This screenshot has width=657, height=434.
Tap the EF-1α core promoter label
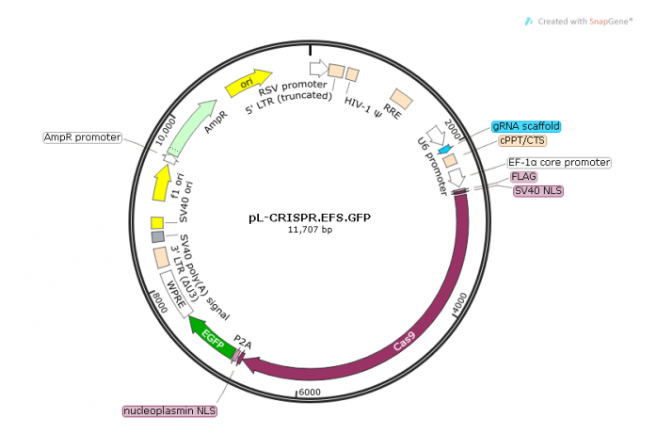tap(559, 162)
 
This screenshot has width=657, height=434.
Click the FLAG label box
tap(523, 176)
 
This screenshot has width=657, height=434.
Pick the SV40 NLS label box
tap(537, 190)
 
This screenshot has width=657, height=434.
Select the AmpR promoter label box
tap(83, 137)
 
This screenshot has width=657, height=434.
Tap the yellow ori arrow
tap(248, 85)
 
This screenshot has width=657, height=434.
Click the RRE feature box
tap(402, 98)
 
